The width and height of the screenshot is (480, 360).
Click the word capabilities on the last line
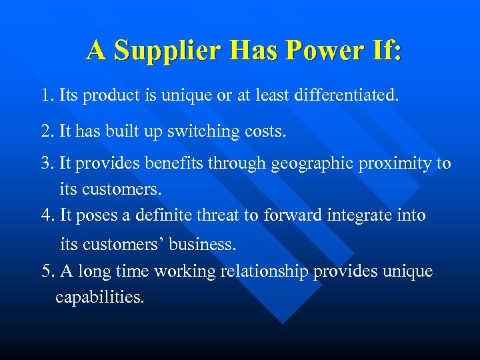(x=99, y=297)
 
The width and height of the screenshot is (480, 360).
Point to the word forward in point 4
(x=291, y=215)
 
